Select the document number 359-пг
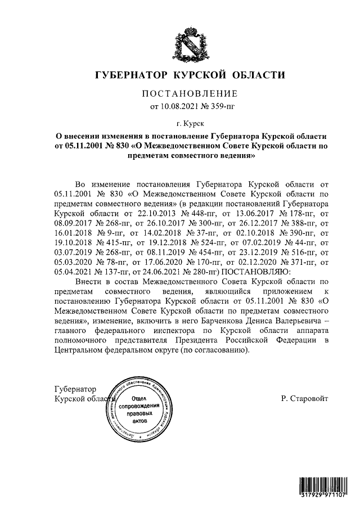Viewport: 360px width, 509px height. pyautogui.click(x=219, y=105)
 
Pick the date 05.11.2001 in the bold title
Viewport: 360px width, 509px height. pyautogui.click(x=84, y=146)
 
